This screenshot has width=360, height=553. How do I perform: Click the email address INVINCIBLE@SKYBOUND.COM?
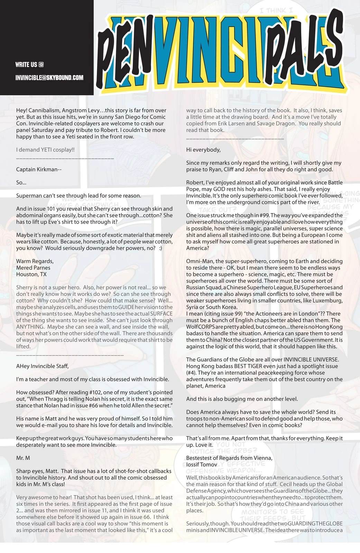[49, 77]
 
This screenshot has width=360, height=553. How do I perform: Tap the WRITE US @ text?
[29, 65]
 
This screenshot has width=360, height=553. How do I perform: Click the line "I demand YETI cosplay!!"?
[45, 150]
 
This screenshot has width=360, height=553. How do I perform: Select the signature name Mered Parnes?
[33, 268]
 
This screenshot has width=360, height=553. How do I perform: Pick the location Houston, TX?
[31, 274]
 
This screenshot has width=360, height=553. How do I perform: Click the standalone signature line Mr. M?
[23, 458]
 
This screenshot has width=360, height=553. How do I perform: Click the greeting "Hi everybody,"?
[203, 150]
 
